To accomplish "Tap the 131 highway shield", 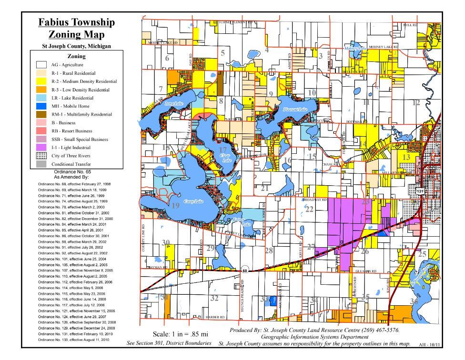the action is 420,190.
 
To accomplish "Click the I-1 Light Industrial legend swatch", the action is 45,148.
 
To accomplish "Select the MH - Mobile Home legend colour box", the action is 45,106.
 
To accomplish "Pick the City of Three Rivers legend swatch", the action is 45,156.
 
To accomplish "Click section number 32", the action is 214,299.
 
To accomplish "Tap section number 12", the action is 416,102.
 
